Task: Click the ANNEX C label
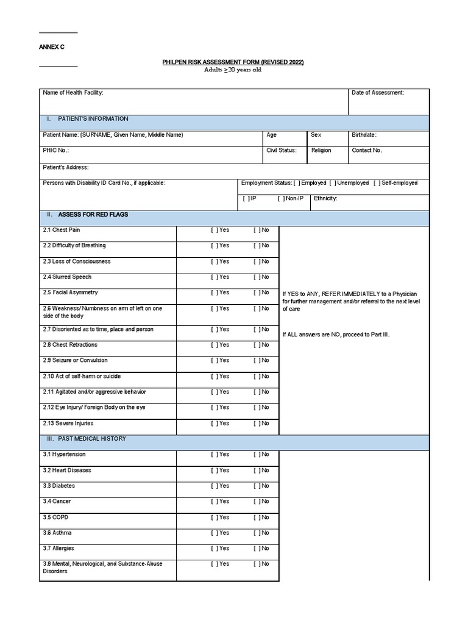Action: pyautogui.click(x=52, y=47)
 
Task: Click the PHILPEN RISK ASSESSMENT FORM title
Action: pyautogui.click(x=233, y=62)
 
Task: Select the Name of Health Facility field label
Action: pyautogui.click(x=73, y=93)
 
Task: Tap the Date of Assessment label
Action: pyautogui.click(x=378, y=93)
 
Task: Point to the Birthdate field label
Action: pyautogui.click(x=364, y=135)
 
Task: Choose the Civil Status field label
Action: pyautogui.click(x=282, y=150)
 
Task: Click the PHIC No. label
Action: pyautogui.click(x=56, y=150)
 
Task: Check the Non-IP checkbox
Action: pyautogui.click(x=281, y=198)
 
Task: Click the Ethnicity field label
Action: pyautogui.click(x=325, y=198)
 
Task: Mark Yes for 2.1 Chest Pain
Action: pyautogui.click(x=214, y=230)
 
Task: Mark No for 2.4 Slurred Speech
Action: pyautogui.click(x=257, y=277)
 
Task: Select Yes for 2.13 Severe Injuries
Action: pyautogui.click(x=214, y=423)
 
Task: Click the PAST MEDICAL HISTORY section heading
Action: pyautogui.click(x=92, y=438)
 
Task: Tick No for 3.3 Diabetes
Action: pyautogui.click(x=257, y=486)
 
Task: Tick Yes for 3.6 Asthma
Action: pyautogui.click(x=214, y=533)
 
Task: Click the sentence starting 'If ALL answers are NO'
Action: pyautogui.click(x=336, y=334)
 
